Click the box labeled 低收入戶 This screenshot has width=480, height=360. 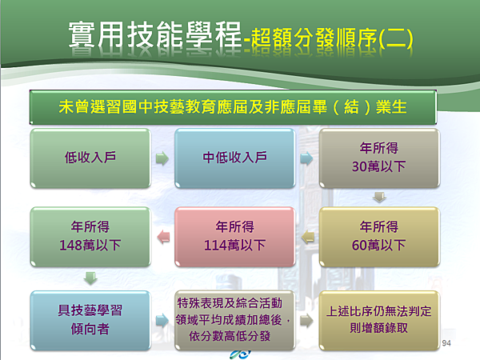tap(90, 158)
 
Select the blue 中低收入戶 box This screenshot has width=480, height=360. tap(234, 158)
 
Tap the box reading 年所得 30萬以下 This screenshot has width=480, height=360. tap(379, 158)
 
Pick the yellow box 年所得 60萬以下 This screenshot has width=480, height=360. tap(379, 237)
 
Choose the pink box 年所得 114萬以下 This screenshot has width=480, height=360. tap(234, 237)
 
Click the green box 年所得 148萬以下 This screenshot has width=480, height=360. tap(90, 237)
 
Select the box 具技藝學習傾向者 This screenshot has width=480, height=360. tap(90, 320)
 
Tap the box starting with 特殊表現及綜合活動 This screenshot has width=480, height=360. tap(234, 320)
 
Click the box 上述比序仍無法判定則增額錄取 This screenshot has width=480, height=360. tap(379, 320)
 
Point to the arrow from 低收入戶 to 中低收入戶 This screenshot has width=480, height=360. tap(162, 158)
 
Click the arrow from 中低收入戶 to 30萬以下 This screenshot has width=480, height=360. tap(306, 158)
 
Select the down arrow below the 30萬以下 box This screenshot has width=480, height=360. tap(379, 198)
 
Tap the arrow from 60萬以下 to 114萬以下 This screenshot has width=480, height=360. tap(308, 238)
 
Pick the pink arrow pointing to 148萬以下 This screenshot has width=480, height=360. tap(163, 238)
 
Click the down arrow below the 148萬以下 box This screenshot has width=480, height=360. tap(90, 278)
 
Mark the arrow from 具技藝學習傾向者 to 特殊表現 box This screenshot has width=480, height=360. tap(162, 321)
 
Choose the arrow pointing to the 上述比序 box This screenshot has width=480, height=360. tap(306, 321)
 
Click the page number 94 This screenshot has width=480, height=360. tap(446, 343)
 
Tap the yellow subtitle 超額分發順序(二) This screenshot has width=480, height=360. tap(332, 39)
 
